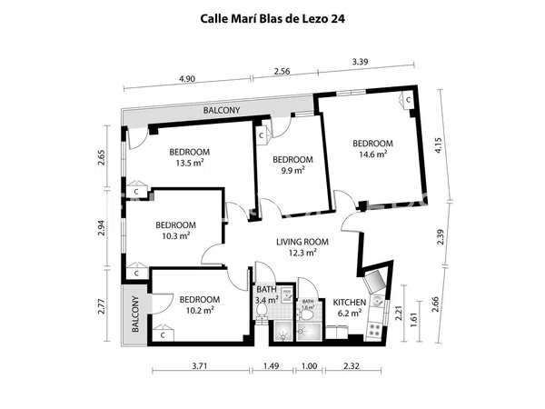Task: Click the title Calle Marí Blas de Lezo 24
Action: click(272, 19)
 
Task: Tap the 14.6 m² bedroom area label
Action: click(372, 148)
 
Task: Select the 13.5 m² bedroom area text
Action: click(190, 157)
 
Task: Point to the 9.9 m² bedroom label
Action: click(292, 165)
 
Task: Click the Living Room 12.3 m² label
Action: click(302, 247)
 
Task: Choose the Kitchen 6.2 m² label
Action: click(350, 308)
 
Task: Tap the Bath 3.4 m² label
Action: click(267, 294)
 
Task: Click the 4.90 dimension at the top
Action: click(187, 79)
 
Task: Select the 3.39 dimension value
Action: click(360, 62)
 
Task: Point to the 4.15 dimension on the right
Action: click(438, 145)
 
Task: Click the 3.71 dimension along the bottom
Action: click(200, 365)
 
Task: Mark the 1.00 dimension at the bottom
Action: click(310, 365)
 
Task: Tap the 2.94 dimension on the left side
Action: click(101, 228)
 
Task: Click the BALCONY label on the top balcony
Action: click(222, 110)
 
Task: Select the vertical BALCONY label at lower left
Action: click(135, 314)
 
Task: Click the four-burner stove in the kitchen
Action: click(374, 330)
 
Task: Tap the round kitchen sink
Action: click(378, 301)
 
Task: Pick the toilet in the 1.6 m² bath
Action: click(306, 315)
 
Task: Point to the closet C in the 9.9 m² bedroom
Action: click(263, 135)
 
